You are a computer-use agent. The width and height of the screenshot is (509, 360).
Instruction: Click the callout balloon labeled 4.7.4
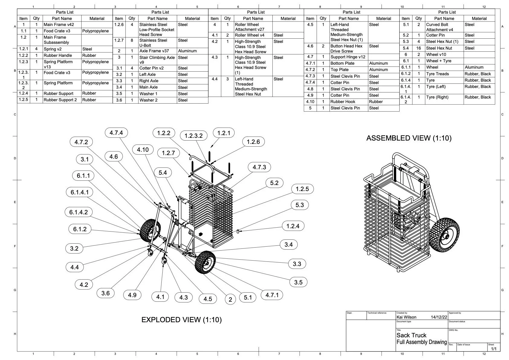pos(116,133)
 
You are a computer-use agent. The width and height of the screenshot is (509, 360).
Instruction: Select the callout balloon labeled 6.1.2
pos(80,229)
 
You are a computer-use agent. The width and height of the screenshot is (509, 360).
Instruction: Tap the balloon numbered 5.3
pos(300,205)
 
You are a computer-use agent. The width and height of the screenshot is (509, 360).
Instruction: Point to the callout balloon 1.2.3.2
pos(193,136)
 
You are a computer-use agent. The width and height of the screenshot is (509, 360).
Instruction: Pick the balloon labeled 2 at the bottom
pos(230,299)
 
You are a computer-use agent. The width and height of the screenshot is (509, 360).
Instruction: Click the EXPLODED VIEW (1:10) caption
pos(181,320)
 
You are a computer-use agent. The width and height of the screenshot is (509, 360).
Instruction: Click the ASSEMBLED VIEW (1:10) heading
pos(409,138)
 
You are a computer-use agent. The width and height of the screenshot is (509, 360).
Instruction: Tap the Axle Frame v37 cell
pos(154,51)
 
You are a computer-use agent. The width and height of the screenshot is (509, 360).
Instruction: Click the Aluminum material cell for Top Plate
pos(378,70)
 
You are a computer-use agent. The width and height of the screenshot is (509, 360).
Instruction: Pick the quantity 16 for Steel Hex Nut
pos(419,48)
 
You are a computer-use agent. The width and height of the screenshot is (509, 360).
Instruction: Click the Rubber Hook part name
pos(343,102)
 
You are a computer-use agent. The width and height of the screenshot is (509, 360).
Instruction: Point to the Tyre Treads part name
pos(437,74)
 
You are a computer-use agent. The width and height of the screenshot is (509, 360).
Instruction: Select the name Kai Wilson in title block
pos(406,317)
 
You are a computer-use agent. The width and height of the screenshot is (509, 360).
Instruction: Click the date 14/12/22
pos(439,317)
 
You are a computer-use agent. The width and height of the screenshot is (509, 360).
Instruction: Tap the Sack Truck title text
pos(411,335)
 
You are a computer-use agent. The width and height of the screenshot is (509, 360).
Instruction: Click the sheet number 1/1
pos(494,349)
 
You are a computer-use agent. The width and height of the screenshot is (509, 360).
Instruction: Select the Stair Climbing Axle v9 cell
pos(157,60)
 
